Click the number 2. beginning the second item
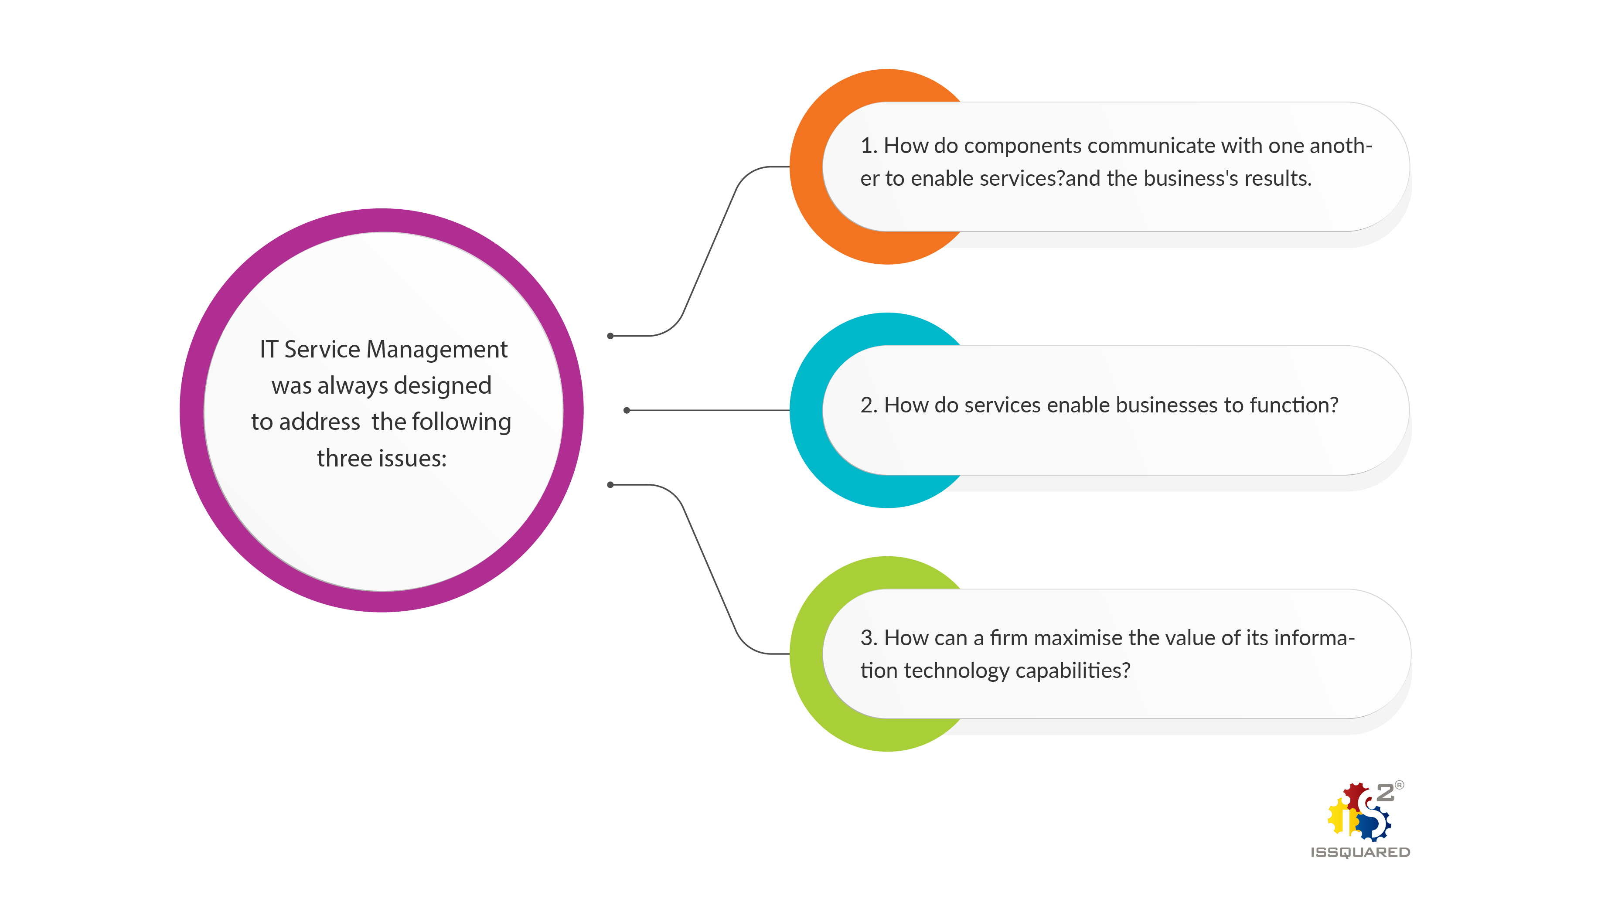pyautogui.click(x=868, y=405)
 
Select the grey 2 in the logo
pyautogui.click(x=1385, y=793)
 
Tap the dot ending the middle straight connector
pyautogui.click(x=627, y=410)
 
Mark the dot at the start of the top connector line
pyautogui.click(x=610, y=336)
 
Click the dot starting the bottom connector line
pyautogui.click(x=610, y=484)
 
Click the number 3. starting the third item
pyautogui.click(x=868, y=638)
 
